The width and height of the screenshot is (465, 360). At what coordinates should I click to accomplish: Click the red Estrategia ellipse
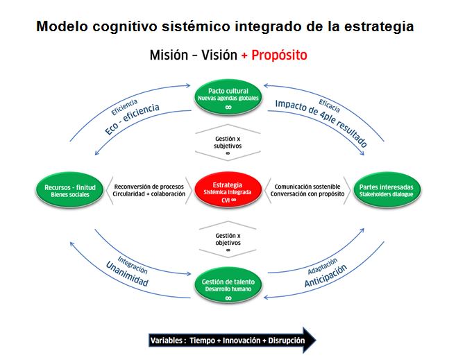(228, 189)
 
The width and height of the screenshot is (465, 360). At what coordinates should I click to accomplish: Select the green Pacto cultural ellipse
(228, 97)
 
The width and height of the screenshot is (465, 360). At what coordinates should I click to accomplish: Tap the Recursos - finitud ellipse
(70, 189)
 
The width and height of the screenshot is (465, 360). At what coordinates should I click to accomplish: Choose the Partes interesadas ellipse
(386, 189)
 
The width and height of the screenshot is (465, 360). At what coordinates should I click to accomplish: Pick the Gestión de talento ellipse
(228, 285)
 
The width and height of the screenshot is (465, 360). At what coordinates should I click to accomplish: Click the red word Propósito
(279, 55)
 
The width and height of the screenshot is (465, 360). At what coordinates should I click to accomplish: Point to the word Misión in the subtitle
(169, 55)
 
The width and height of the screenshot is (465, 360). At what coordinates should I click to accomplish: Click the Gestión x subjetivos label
(228, 142)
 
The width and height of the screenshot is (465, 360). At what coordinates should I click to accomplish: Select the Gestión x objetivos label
(228, 239)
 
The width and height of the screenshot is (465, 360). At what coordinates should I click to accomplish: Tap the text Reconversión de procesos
(149, 187)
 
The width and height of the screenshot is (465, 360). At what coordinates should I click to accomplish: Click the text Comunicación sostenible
(307, 187)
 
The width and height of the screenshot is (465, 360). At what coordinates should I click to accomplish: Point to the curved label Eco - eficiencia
(132, 119)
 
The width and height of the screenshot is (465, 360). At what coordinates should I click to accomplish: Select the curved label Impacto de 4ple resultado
(321, 123)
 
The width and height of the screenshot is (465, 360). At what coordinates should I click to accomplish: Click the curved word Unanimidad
(127, 274)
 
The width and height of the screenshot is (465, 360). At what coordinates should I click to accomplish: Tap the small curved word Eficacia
(329, 105)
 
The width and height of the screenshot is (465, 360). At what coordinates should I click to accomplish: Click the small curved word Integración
(133, 265)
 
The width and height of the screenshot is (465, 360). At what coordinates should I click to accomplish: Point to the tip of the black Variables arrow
(316, 340)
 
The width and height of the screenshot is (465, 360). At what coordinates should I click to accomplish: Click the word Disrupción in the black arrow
(287, 341)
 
